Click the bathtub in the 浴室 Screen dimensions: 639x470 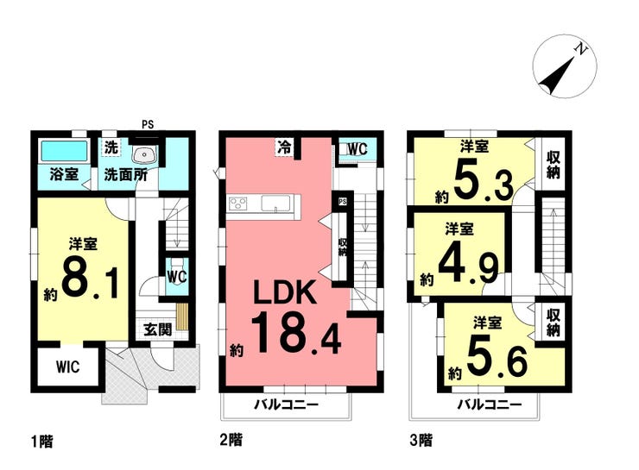tap(65, 152)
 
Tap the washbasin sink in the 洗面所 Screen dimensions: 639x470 tap(143, 154)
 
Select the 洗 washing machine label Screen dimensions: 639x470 tap(111, 147)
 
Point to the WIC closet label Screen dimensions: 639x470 tap(68, 367)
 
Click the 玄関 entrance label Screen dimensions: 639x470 tap(158, 329)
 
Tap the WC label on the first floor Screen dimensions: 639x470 tap(176, 277)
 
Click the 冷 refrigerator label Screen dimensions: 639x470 tap(284, 147)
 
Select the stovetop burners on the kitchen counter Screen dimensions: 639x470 tap(238, 203)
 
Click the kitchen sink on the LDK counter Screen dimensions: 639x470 tap(276, 203)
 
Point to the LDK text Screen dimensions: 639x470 tap(285, 292)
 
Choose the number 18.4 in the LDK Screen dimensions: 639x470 tap(295, 333)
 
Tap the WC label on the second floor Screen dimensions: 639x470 tap(357, 149)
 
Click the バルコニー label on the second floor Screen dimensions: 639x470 tap(287, 404)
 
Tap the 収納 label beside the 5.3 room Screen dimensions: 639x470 tap(553, 165)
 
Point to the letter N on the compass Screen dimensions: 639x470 tap(581, 50)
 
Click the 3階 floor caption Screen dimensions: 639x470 tap(421, 441)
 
